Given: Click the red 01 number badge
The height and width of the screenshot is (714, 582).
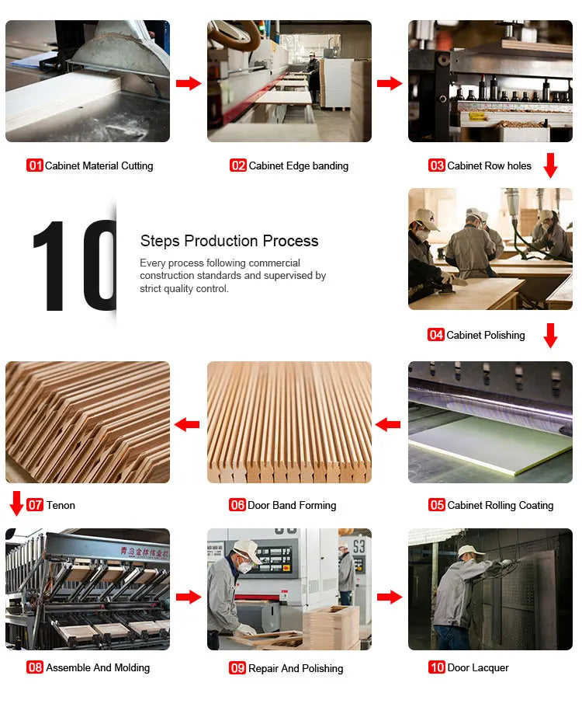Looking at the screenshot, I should (x=35, y=165).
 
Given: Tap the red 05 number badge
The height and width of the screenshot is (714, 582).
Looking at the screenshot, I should (x=437, y=505).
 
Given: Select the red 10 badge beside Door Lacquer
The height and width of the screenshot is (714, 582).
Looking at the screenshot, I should (x=437, y=667).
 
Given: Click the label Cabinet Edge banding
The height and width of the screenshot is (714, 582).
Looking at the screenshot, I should (x=298, y=165).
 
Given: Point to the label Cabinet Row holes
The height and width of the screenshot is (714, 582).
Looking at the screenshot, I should (x=490, y=165).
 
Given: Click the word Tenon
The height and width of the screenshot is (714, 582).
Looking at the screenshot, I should (x=61, y=505).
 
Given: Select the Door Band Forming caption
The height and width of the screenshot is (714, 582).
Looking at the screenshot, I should (x=292, y=505).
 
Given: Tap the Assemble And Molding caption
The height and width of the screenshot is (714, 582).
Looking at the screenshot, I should (x=98, y=667).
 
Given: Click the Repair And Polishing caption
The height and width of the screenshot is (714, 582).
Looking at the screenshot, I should (x=296, y=668).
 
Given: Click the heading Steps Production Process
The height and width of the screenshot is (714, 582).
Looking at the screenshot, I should (x=229, y=241).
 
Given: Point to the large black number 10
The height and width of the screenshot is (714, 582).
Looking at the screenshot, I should (x=74, y=266).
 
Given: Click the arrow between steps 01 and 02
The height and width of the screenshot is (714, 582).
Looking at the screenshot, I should (x=189, y=83).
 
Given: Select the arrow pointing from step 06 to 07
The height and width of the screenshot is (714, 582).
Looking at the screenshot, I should (x=187, y=424).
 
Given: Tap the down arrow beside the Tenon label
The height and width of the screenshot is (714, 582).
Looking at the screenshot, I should (x=16, y=503).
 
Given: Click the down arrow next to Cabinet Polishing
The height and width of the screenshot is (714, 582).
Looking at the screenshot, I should (x=550, y=335).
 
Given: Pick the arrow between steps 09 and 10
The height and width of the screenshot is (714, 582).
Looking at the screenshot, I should (x=390, y=597).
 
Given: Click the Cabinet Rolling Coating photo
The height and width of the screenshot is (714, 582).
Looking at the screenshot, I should (x=490, y=422).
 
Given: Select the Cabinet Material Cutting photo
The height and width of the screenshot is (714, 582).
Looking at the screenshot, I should (x=88, y=81).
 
